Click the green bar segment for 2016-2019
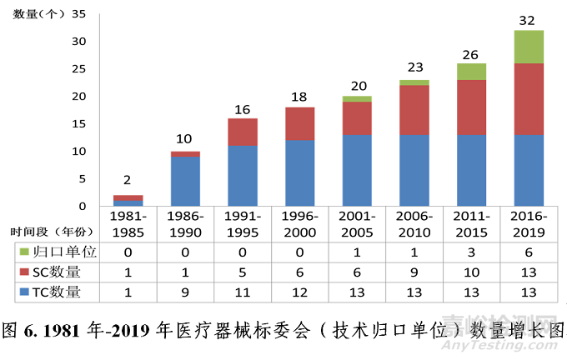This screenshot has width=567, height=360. tap(529, 47)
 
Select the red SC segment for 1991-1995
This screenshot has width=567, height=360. tap(243, 132)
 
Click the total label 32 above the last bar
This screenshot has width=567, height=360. tap(529, 19)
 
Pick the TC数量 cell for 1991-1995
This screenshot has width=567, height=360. tap(243, 292)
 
